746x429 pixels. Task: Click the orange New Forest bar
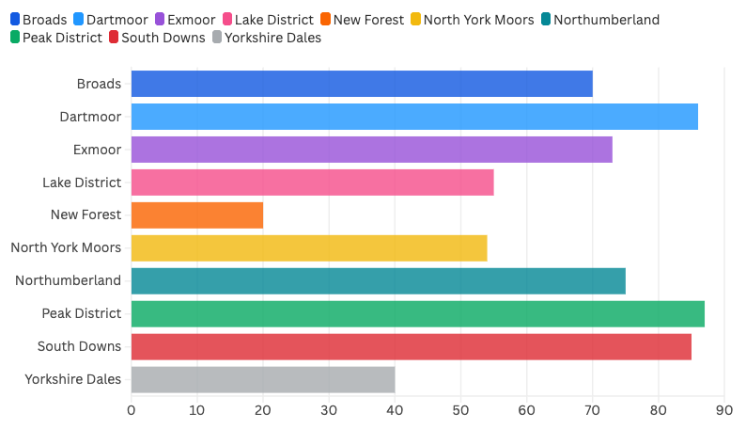coord(196,214)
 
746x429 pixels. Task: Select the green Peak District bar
coord(417,313)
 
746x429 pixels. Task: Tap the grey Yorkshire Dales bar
coord(262,379)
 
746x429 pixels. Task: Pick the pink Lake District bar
coord(312,182)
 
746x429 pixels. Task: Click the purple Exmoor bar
coord(371,149)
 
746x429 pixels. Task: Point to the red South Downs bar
coord(411,346)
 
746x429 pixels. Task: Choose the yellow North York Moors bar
coord(308,247)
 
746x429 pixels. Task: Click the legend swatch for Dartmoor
coord(78,20)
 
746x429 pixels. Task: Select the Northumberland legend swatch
coord(546,20)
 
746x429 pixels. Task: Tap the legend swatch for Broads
coord(14,20)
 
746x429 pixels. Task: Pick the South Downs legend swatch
coord(114,38)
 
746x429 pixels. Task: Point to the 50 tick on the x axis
coord(460,410)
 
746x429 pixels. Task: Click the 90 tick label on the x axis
coord(724,410)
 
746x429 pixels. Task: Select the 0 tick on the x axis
coord(131,410)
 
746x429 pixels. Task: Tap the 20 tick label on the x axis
coord(262,410)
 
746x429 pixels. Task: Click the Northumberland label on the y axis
coord(69,280)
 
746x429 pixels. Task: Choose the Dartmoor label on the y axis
coord(90,116)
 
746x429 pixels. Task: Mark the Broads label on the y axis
coord(100,83)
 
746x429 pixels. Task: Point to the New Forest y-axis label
coord(86,214)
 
